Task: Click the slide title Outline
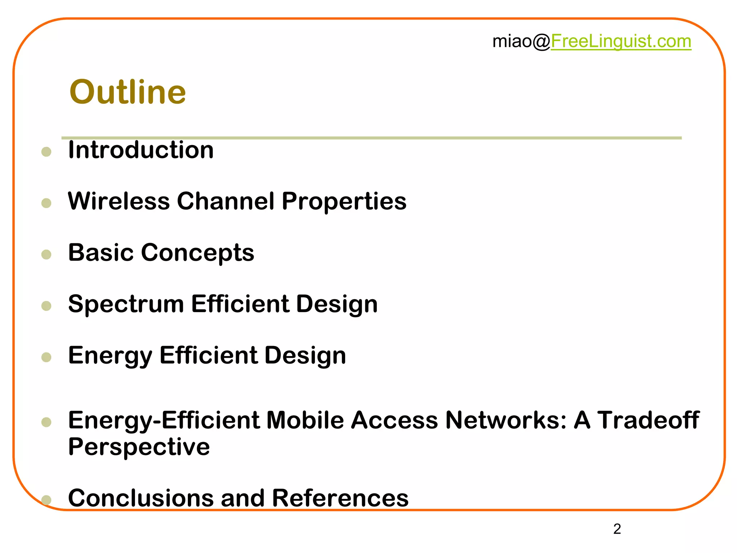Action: pyautogui.click(x=127, y=92)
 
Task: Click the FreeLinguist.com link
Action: pyautogui.click(x=621, y=41)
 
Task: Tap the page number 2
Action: pyautogui.click(x=617, y=529)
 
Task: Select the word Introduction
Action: pyautogui.click(x=141, y=150)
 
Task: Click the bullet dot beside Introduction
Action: pyautogui.click(x=46, y=152)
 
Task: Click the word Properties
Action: pyautogui.click(x=344, y=202)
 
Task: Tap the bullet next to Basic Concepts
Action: pyautogui.click(x=46, y=255)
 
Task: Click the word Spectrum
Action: pyautogui.click(x=126, y=305)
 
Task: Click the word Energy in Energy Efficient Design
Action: pyautogui.click(x=110, y=356)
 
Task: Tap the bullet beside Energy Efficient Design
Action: pyautogui.click(x=46, y=357)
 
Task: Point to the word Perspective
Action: pyautogui.click(x=139, y=447)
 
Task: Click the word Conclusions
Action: pyautogui.click(x=141, y=498)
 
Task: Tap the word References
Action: pyautogui.click(x=340, y=498)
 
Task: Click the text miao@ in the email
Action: pyautogui.click(x=521, y=41)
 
